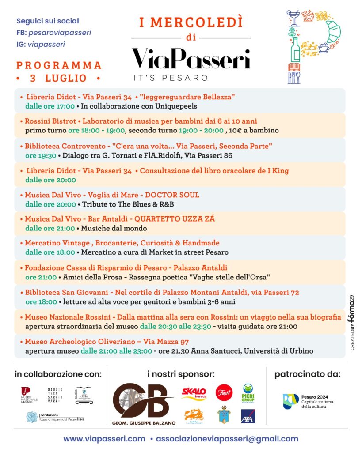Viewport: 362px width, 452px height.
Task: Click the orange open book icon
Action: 294,68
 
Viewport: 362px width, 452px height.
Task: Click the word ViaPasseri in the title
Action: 191,58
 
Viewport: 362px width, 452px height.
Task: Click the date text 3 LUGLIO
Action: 58,79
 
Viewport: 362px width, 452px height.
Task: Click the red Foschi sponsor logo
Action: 224,392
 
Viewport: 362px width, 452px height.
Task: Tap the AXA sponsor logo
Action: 248,416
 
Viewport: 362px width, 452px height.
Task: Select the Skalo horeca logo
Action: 194,393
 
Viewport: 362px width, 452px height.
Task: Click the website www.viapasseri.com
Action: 104,439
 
